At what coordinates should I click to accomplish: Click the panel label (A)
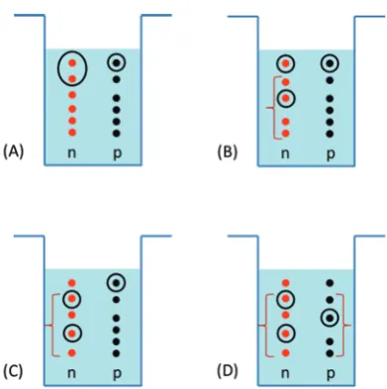click(14, 152)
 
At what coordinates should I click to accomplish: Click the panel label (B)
click(228, 152)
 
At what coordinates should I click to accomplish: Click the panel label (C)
click(13, 371)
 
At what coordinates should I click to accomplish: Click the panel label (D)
click(228, 371)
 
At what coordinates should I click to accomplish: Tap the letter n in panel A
click(71, 152)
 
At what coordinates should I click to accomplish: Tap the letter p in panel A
click(117, 154)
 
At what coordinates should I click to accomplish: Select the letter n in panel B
click(285, 153)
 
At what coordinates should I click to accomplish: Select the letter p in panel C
click(117, 374)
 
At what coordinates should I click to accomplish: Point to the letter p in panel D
click(331, 374)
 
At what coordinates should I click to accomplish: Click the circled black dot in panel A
click(116, 62)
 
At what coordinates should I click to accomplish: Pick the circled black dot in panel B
click(330, 63)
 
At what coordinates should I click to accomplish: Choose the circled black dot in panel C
click(116, 283)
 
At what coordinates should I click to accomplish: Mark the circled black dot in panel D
click(330, 318)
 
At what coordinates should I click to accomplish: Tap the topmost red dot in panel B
click(286, 63)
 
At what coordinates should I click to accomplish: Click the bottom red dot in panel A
click(72, 133)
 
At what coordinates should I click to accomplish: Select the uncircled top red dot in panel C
click(72, 283)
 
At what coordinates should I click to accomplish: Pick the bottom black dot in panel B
click(330, 134)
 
